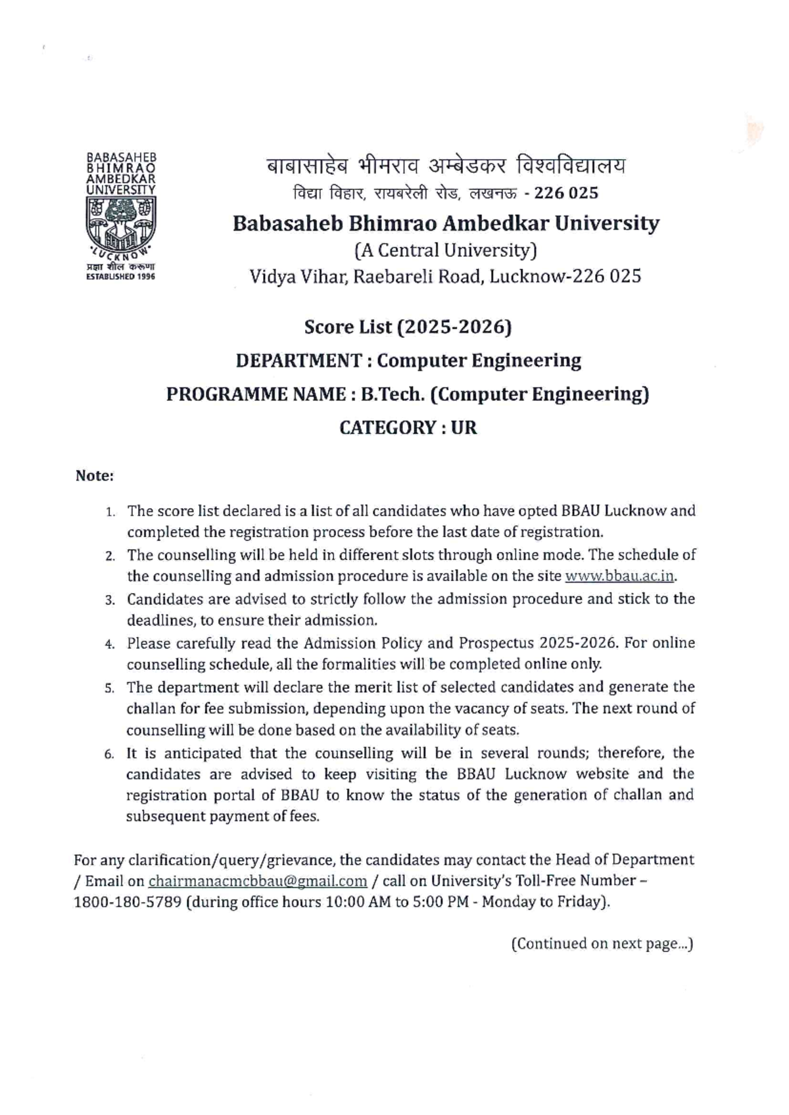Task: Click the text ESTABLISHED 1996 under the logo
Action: pos(122,277)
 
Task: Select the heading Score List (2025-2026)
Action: pos(408,327)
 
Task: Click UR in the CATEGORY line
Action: pos(464,427)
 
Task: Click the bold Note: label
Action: pos(95,475)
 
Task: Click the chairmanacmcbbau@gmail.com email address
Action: pos(258,881)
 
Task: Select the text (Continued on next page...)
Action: pos(602,943)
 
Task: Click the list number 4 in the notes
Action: pos(110,644)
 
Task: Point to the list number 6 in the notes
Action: pos(110,754)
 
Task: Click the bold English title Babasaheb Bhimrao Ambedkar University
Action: pos(446,224)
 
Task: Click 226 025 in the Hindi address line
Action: pos(566,193)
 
